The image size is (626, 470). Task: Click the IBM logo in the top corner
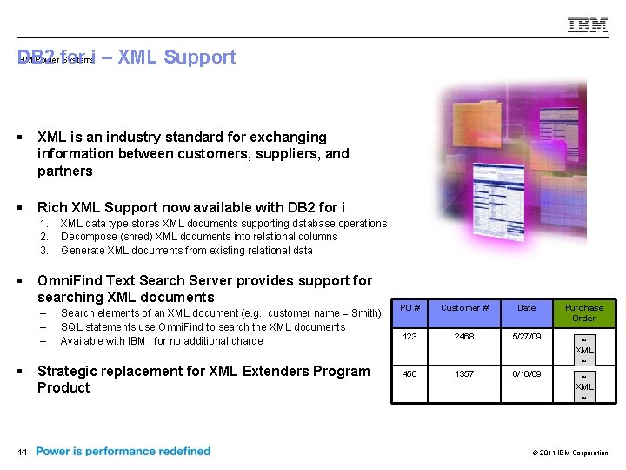coord(588,24)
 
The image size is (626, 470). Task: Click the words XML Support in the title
coord(176,57)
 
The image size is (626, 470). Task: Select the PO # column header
coord(411,308)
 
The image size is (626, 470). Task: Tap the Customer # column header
coord(464,308)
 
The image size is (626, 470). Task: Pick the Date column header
coord(527,308)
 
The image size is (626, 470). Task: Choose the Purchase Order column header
coord(583,312)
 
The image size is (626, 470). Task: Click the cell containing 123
coord(410,336)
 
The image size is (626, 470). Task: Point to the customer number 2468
coord(464,336)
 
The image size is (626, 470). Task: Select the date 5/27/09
coord(527,336)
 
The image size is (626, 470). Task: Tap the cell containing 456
coord(410,373)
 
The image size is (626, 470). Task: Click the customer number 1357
coord(464,373)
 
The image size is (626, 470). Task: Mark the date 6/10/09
coord(527,373)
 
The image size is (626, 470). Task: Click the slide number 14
coord(22,452)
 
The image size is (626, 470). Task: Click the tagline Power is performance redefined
coord(123,451)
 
